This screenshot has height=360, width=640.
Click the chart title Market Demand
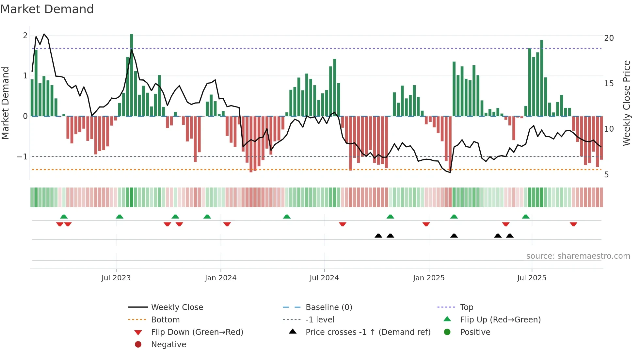click(x=47, y=9)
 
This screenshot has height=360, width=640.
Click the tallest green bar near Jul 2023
click(x=132, y=75)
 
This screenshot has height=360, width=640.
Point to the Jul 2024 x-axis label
click(x=324, y=278)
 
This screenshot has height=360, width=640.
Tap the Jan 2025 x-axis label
click(x=428, y=278)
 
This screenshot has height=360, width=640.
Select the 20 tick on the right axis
click(x=609, y=38)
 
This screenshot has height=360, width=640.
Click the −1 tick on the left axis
click(x=22, y=157)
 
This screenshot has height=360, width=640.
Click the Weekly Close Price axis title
click(x=626, y=103)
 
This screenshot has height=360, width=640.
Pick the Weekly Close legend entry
click(x=177, y=307)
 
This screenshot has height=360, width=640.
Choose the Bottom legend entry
click(x=165, y=320)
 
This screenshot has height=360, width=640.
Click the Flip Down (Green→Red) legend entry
click(x=197, y=332)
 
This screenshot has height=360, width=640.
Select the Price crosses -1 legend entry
click(x=368, y=332)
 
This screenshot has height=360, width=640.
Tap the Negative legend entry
click(x=168, y=345)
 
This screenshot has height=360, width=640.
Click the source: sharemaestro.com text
click(x=578, y=256)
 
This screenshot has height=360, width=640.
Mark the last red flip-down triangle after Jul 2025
click(x=573, y=224)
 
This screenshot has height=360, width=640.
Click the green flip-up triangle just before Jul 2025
click(x=525, y=217)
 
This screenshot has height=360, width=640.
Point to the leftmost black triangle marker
click(x=378, y=236)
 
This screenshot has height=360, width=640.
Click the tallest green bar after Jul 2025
click(x=542, y=78)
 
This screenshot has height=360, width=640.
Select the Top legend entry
click(x=466, y=307)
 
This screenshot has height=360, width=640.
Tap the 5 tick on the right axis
click(x=606, y=175)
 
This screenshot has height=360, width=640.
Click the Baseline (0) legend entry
click(x=328, y=307)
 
